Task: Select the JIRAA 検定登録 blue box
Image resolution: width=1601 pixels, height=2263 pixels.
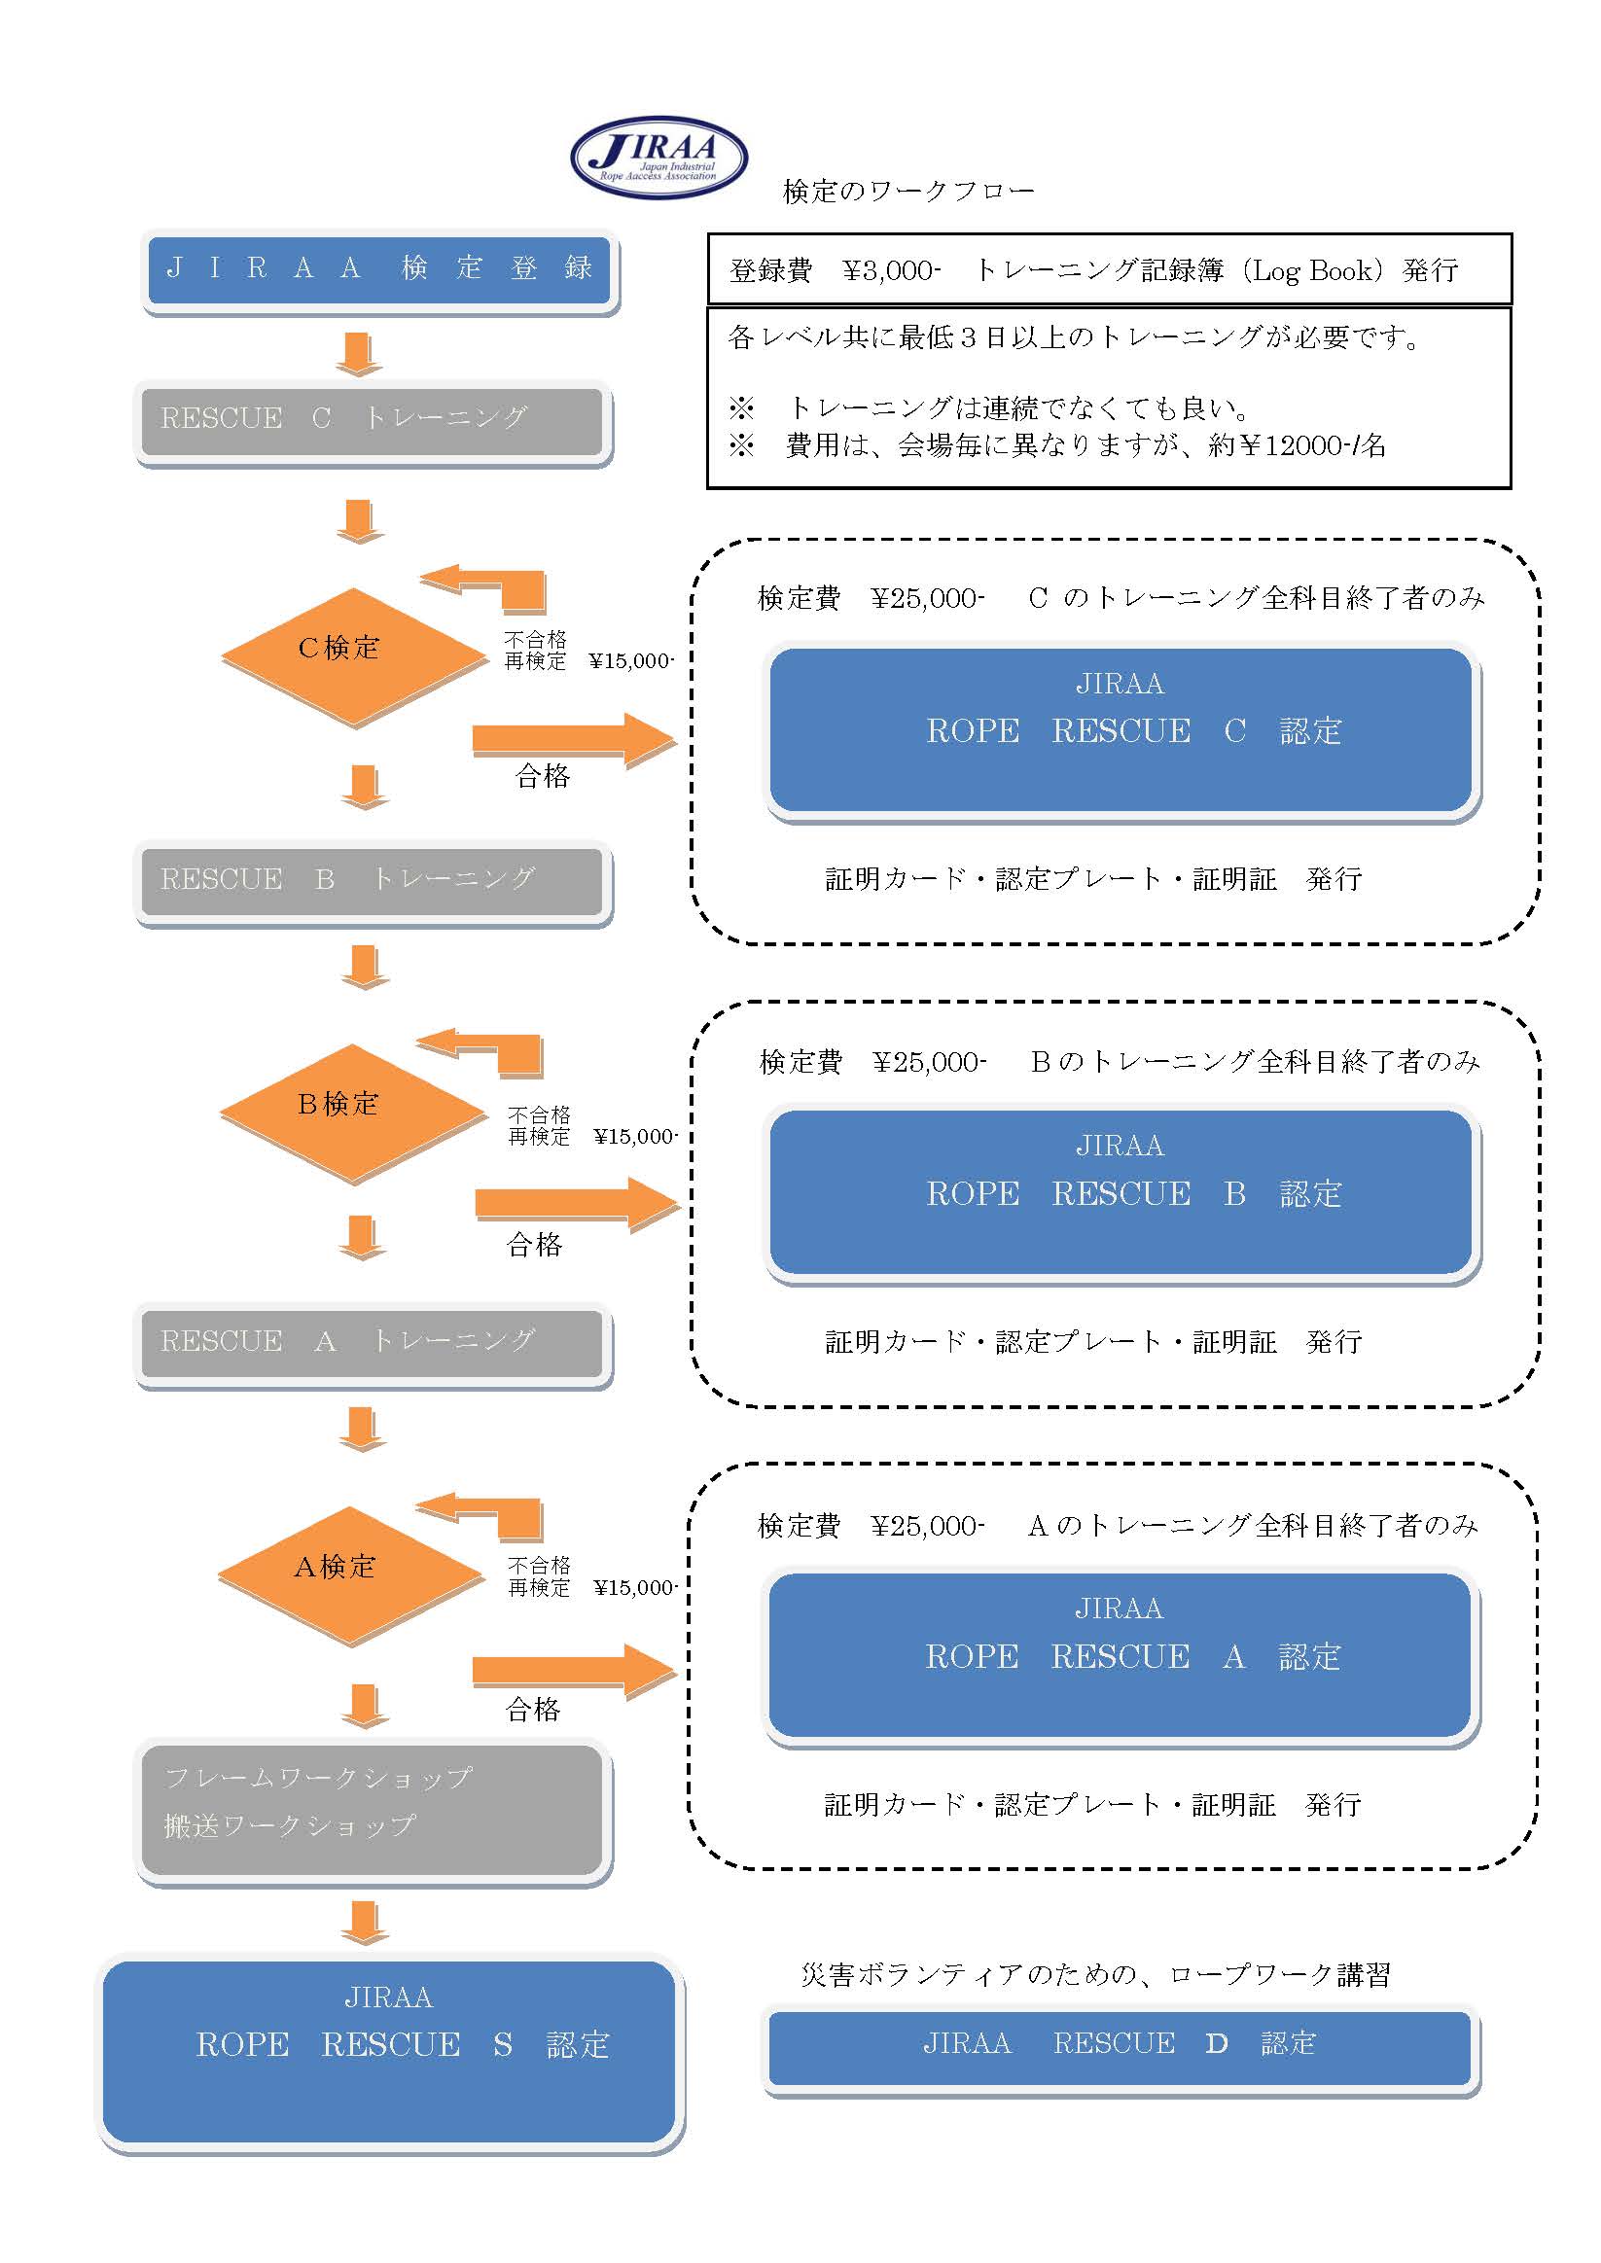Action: click(378, 268)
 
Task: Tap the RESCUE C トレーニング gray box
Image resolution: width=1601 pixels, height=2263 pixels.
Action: click(372, 420)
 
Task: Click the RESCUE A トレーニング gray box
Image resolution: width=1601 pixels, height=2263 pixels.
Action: click(372, 1342)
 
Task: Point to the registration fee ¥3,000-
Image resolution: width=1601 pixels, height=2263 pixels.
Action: click(891, 271)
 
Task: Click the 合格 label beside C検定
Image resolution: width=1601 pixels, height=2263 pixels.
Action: click(542, 776)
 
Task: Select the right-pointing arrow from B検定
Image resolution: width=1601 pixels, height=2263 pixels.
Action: click(576, 1203)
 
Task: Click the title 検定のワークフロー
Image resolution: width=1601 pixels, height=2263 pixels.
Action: click(907, 192)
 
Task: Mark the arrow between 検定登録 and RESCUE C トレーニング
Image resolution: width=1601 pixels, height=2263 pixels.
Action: click(358, 354)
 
